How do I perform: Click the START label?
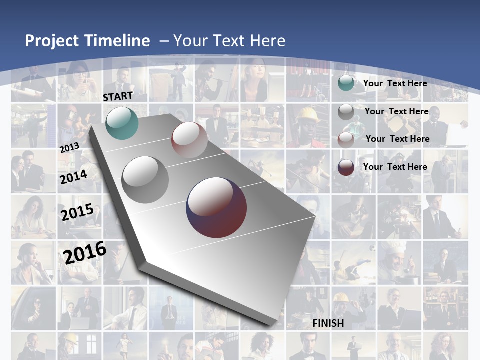118,96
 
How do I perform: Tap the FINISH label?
328,323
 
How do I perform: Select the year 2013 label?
69,148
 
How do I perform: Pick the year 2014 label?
74,177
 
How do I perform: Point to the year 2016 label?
85,253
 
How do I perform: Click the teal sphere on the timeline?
122,123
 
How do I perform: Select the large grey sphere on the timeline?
145,179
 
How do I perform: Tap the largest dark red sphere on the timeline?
216,207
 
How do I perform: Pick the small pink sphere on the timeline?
189,140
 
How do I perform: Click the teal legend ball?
346,83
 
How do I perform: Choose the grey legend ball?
346,112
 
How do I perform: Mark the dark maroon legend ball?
346,167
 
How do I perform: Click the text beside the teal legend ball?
395,83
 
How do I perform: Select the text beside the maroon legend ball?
395,167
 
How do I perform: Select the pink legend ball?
346,139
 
